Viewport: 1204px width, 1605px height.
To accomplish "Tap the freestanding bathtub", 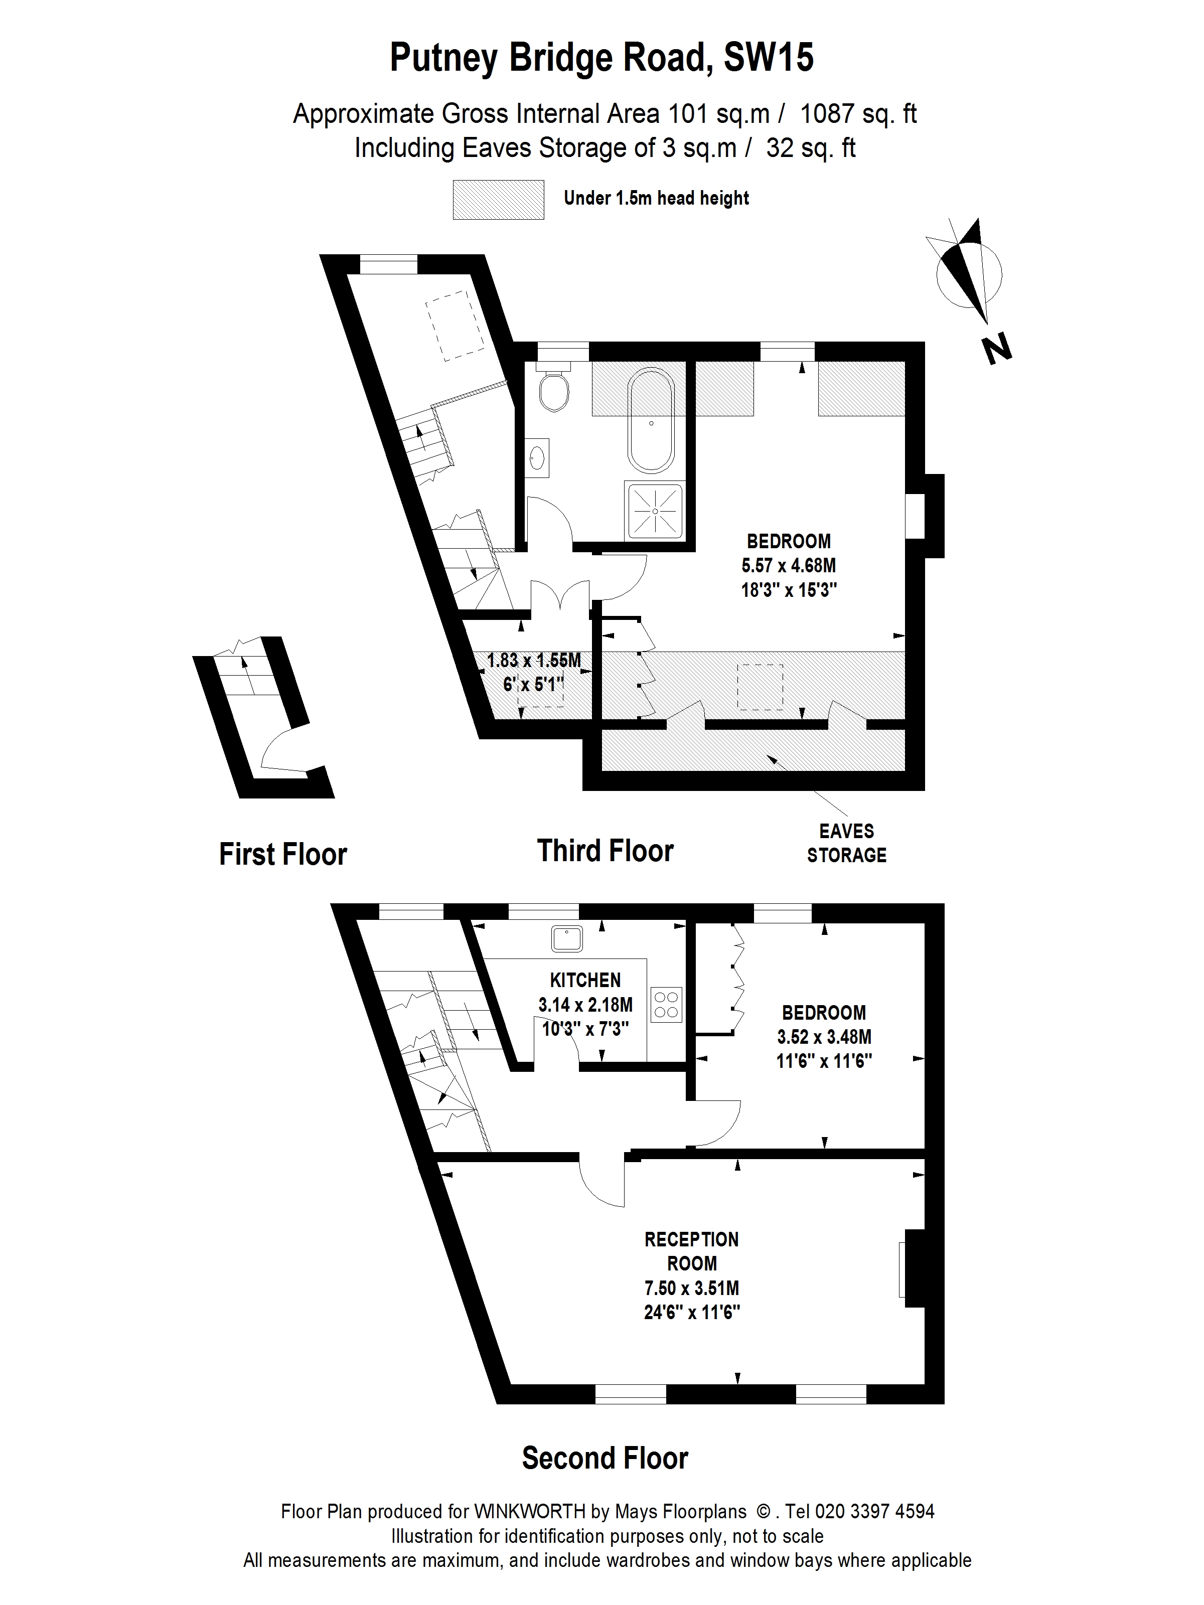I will coord(651,422).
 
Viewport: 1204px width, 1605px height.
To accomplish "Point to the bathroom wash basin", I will coord(537,456).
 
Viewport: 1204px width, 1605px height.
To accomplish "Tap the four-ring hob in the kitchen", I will coord(666,1005).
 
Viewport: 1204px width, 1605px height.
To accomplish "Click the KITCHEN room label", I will coord(585,980).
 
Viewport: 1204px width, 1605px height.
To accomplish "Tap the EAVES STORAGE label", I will coord(846,843).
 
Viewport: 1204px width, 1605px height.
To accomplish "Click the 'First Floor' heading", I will coord(283,854).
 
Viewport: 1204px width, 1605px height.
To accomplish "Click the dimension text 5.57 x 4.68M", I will coord(788,565).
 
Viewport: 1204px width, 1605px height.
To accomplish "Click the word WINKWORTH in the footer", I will coord(529,1511).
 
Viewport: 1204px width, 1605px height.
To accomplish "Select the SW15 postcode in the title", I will coord(769,58).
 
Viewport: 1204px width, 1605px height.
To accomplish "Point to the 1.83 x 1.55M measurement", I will coord(533,660).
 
